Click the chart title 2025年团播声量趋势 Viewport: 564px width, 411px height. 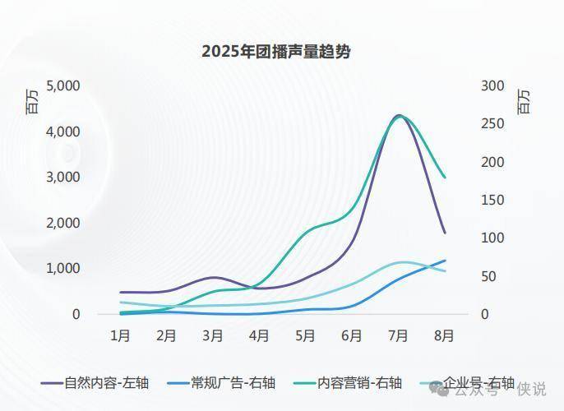point(276,52)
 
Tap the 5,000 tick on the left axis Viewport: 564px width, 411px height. point(62,85)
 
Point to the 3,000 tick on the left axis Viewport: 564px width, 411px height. point(62,177)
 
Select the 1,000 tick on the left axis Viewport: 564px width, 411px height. point(62,268)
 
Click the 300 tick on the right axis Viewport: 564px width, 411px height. point(492,85)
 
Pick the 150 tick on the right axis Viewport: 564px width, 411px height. point(492,200)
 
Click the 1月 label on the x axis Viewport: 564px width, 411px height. point(121,335)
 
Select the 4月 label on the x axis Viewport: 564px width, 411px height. point(259,335)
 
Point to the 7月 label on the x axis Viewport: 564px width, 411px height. point(398,335)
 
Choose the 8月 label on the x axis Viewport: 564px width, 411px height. point(444,335)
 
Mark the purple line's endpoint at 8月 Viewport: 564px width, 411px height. point(445,233)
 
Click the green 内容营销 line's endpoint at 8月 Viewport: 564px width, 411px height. point(445,177)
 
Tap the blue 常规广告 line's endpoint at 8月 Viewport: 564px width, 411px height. point(445,261)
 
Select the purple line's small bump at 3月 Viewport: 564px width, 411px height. point(213,278)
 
